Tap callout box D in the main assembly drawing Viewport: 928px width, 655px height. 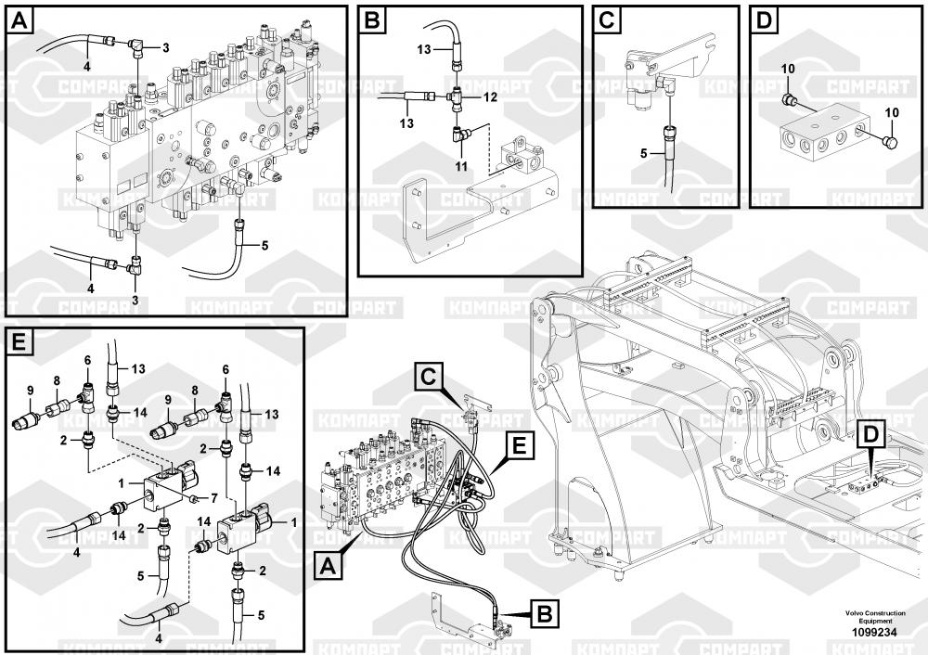click(x=870, y=433)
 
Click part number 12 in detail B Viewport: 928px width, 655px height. click(x=491, y=96)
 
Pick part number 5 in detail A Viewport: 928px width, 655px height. click(x=264, y=246)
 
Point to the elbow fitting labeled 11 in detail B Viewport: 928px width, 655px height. click(x=462, y=135)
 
